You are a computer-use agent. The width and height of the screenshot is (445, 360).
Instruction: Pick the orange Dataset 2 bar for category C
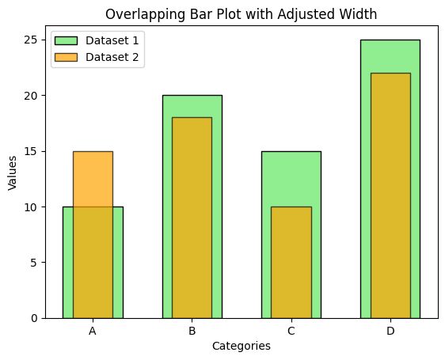(x=291, y=262)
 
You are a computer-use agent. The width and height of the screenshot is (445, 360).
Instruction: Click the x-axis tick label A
(x=93, y=331)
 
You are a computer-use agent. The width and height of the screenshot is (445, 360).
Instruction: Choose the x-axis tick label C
(x=291, y=331)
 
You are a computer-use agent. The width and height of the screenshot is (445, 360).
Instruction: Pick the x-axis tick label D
(x=390, y=331)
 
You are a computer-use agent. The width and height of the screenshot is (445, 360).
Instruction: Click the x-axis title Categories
(x=242, y=347)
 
